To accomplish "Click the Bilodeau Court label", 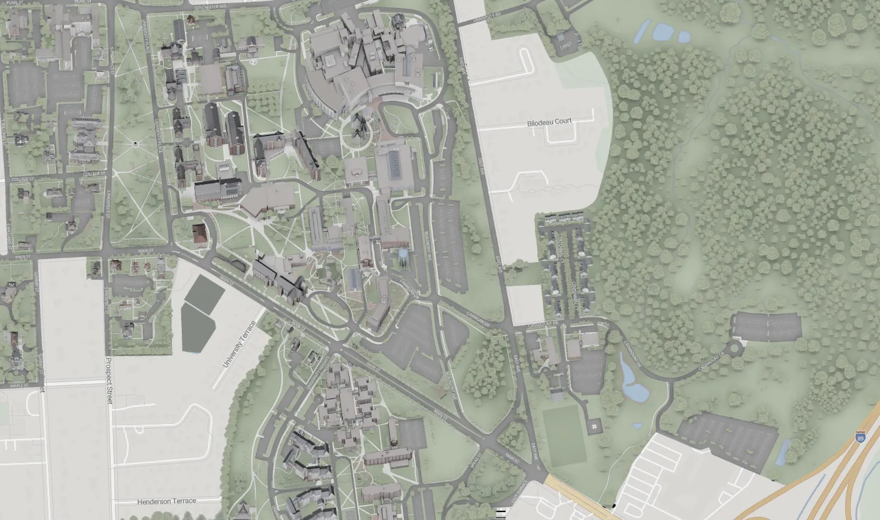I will [x=549, y=121].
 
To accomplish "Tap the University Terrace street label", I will [x=236, y=344].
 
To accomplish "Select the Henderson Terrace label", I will [x=167, y=501].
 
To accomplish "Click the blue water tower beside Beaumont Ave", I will [x=402, y=255].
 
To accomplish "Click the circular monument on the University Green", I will [x=135, y=144].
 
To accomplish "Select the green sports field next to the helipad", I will [x=564, y=434].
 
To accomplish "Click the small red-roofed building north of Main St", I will [x=199, y=234].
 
